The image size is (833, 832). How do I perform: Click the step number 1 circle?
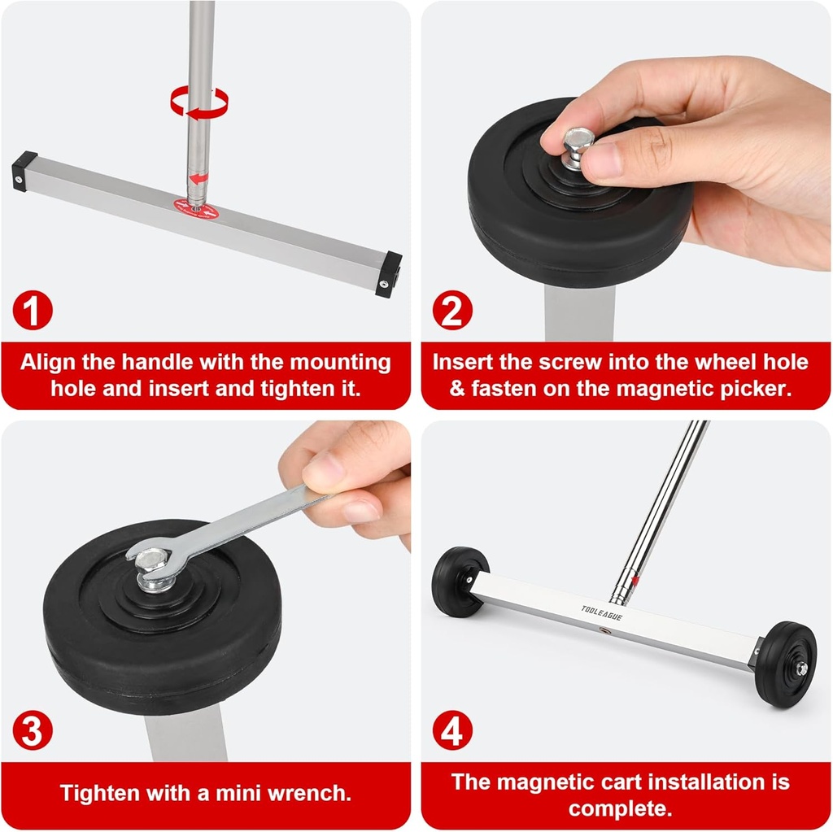33,311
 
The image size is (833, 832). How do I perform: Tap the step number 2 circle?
451,311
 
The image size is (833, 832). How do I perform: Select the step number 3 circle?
33,731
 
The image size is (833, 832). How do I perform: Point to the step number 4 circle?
451,731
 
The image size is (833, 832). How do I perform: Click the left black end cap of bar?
24,171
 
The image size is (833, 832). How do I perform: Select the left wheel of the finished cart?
460,581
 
